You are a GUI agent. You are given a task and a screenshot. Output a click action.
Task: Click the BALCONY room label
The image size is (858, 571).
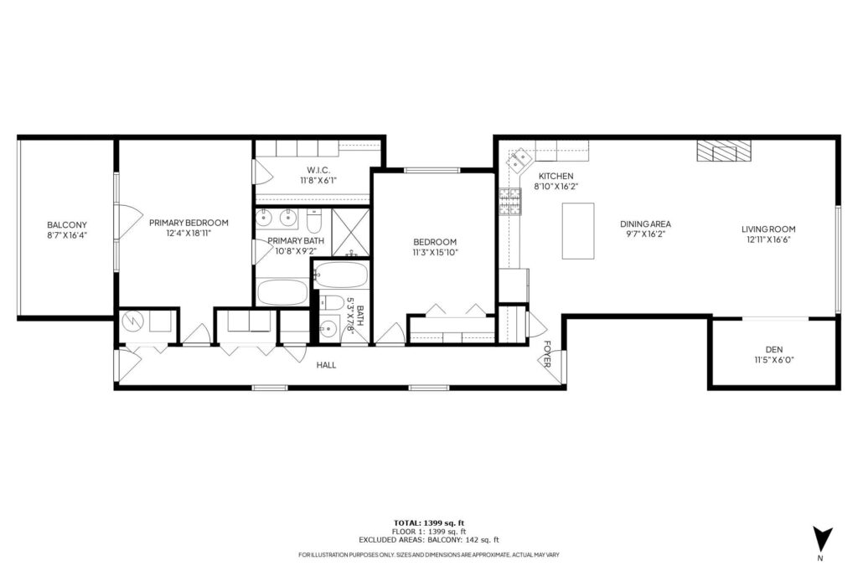(x=67, y=224)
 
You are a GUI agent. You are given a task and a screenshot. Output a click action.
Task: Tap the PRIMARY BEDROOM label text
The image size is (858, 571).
(x=189, y=223)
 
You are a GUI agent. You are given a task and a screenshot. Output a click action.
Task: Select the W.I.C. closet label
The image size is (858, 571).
(x=313, y=170)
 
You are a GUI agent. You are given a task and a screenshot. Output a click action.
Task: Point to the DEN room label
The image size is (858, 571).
(x=773, y=349)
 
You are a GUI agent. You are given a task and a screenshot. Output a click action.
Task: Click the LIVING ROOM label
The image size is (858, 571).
(x=768, y=229)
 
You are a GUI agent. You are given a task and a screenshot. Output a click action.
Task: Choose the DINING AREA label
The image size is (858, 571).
(x=645, y=224)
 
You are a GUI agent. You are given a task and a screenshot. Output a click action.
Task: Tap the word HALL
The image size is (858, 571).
(x=326, y=365)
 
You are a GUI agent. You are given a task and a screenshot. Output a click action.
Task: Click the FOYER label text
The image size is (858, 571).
(x=547, y=353)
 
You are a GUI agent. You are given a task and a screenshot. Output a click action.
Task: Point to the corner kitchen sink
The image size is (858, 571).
(x=520, y=157)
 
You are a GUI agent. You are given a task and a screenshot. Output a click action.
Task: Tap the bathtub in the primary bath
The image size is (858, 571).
(x=283, y=292)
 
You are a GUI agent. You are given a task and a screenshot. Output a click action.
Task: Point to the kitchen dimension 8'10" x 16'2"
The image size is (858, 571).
(x=556, y=188)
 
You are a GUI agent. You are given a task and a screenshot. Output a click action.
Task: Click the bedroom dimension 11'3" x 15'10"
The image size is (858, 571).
(x=434, y=252)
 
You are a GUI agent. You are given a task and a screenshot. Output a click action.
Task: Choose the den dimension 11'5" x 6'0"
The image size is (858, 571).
(x=773, y=360)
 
